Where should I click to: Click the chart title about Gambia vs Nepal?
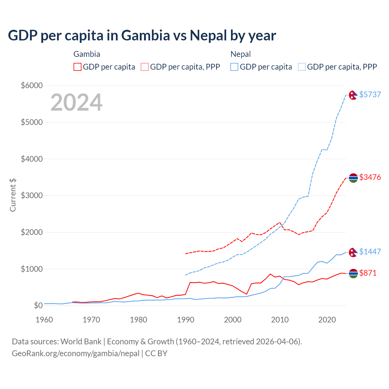142,36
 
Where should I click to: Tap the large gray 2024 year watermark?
76,102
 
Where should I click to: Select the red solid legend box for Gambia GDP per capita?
77,67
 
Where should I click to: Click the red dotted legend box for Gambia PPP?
145,67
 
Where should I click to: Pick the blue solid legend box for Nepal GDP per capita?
234,67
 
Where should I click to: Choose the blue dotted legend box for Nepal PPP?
302,67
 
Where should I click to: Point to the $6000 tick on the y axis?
32,85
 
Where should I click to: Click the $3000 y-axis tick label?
32,195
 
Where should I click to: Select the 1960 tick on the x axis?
44,320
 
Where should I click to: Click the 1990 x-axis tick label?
186,320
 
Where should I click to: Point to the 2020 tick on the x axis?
327,320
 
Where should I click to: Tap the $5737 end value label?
370,95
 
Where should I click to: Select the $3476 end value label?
370,177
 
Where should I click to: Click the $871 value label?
368,273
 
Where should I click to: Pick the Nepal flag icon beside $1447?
353,252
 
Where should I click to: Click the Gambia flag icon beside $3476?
353,178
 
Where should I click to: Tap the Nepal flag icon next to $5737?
353,95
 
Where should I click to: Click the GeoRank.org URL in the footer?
76,353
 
